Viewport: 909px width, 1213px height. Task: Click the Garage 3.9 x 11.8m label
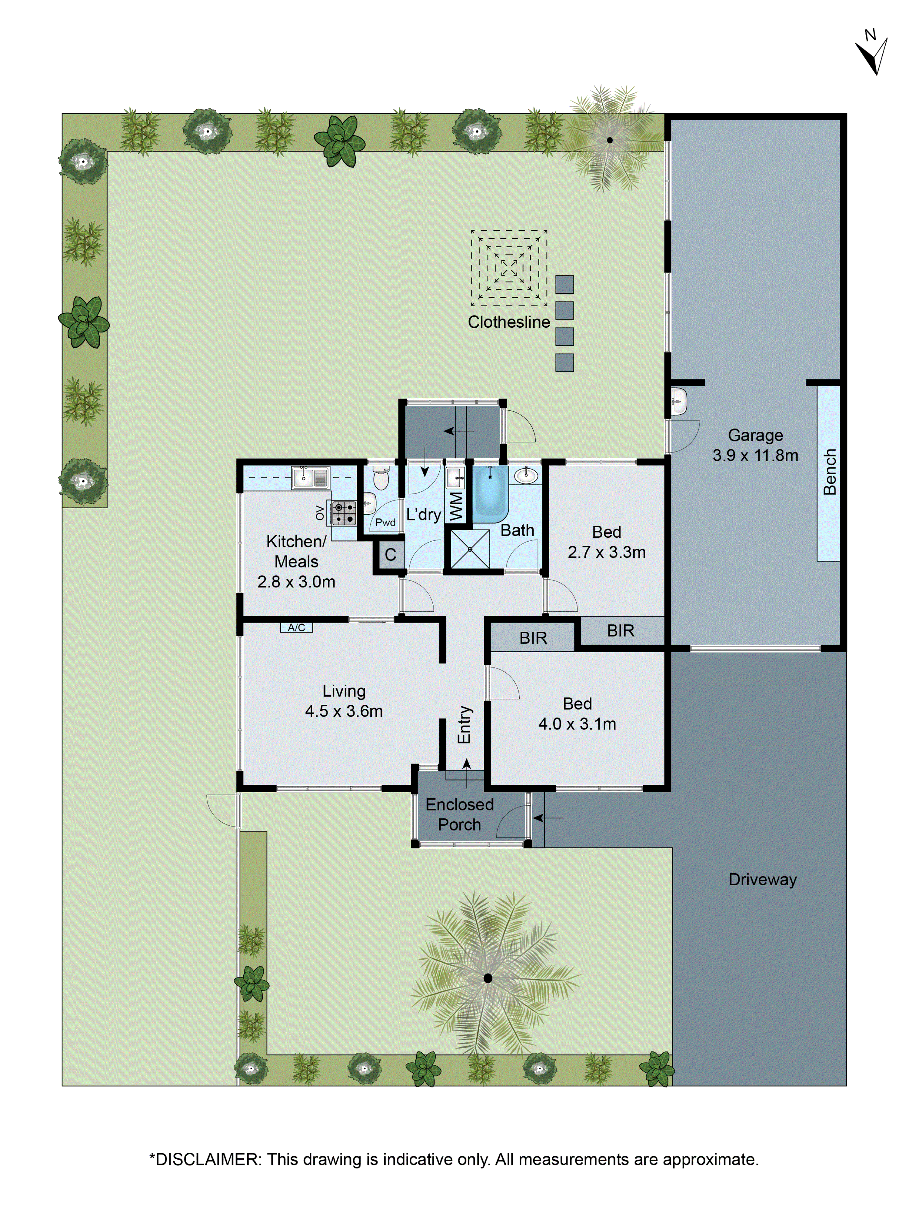coord(755,445)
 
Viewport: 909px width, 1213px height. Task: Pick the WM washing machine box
coord(456,506)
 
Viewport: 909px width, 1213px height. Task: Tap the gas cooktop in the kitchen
coord(344,513)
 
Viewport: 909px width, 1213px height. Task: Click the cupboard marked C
coord(390,554)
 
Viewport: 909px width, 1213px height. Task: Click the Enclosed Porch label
coord(459,814)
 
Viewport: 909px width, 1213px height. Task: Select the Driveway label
coord(762,880)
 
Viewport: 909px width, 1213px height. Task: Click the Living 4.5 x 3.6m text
coord(344,701)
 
